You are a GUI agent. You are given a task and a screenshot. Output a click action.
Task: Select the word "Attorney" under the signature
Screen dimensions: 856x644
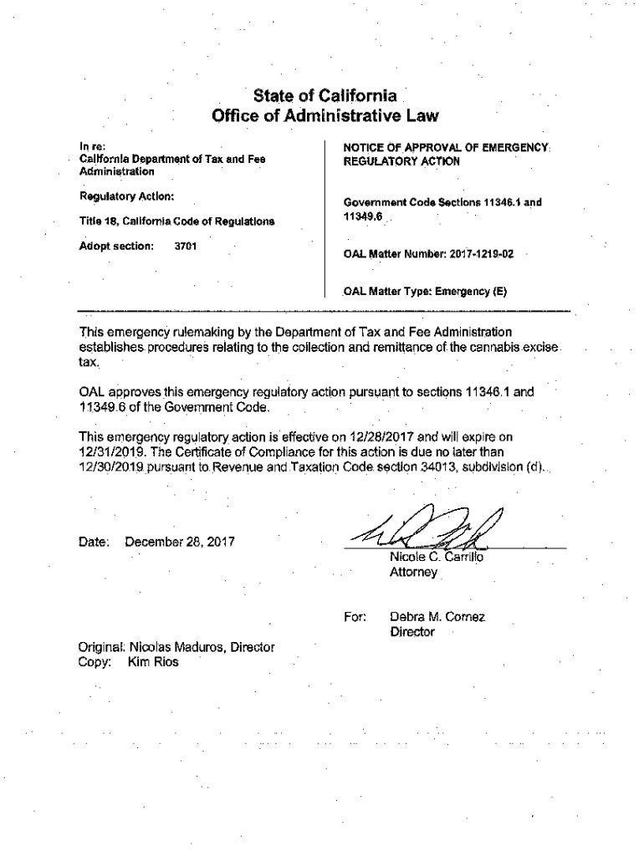click(x=413, y=573)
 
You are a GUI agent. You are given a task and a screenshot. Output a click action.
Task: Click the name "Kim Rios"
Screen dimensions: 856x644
click(x=153, y=661)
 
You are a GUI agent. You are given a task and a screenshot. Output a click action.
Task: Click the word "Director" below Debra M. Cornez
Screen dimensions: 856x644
click(x=412, y=633)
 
